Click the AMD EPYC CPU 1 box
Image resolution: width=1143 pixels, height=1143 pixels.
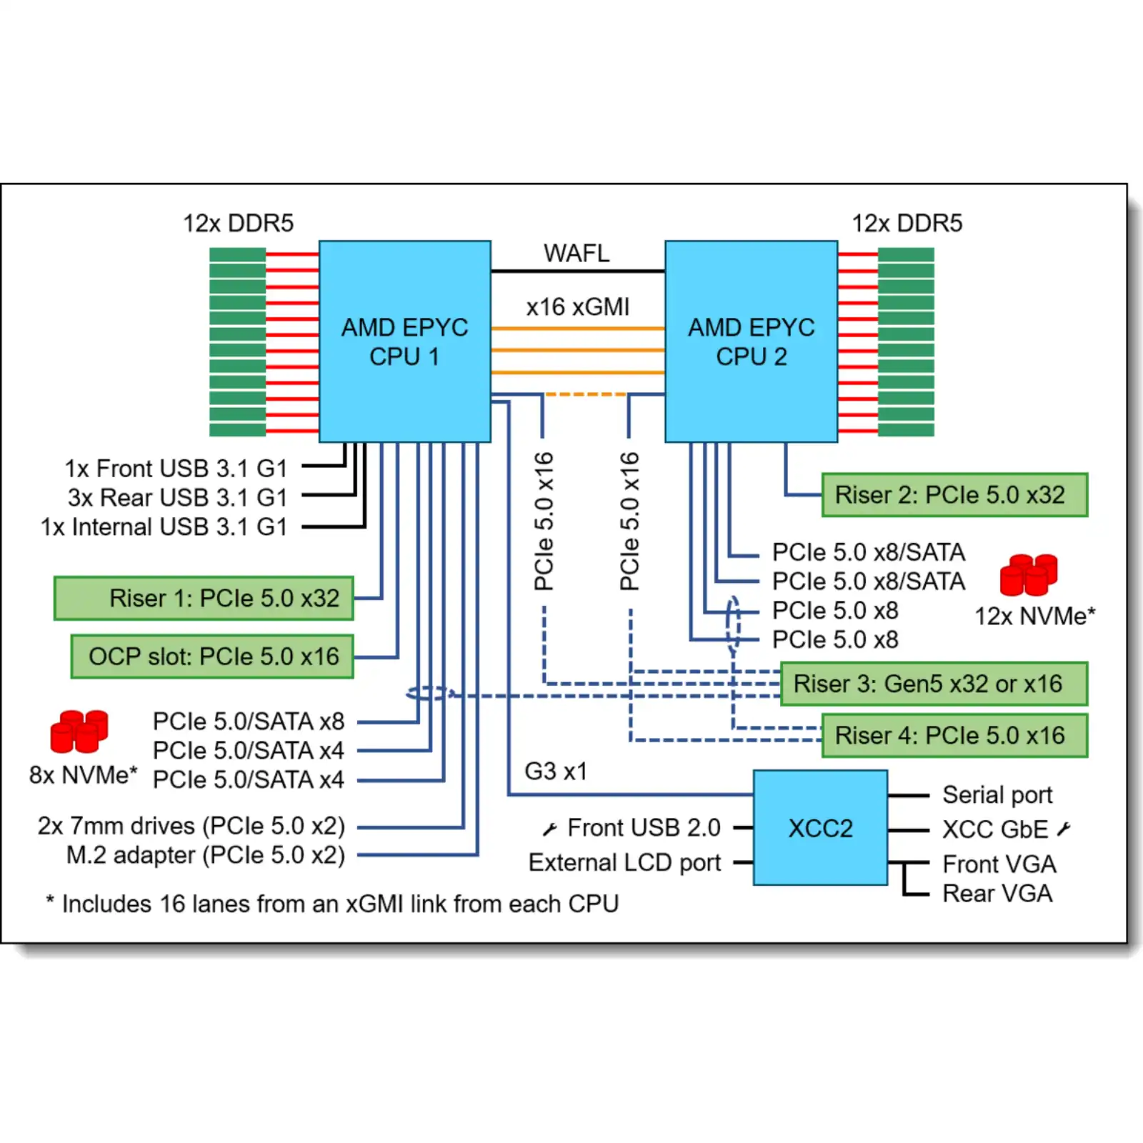tap(404, 341)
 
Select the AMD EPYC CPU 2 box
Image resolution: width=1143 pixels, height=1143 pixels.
tap(751, 341)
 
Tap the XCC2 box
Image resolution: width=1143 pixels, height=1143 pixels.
tap(820, 828)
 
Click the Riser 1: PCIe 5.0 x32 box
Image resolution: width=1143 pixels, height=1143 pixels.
tap(204, 598)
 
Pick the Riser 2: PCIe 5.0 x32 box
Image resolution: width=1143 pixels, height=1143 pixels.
tap(954, 494)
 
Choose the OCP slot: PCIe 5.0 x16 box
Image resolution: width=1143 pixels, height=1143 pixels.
tap(212, 657)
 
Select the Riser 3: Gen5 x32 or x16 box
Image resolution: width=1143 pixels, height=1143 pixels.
tap(934, 684)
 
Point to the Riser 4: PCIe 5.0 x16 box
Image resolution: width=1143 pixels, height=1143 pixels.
tap(954, 735)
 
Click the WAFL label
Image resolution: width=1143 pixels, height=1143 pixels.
tap(577, 253)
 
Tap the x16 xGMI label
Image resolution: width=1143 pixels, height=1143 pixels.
tap(578, 306)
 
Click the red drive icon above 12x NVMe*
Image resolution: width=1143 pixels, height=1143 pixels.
tap(1029, 575)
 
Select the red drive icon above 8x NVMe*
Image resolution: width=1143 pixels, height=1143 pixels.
tap(79, 731)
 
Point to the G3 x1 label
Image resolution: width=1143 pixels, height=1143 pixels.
tap(556, 772)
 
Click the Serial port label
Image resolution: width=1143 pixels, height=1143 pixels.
tap(997, 794)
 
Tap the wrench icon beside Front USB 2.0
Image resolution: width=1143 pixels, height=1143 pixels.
tap(549, 829)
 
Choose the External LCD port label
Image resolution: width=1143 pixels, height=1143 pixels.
tap(625, 862)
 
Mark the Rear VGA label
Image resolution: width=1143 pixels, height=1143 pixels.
tap(997, 893)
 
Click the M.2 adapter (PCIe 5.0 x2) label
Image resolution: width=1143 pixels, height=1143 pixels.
tap(206, 854)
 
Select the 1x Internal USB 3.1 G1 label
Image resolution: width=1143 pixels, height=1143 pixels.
tap(164, 526)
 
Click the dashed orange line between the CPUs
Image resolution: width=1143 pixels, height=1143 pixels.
tap(586, 394)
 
